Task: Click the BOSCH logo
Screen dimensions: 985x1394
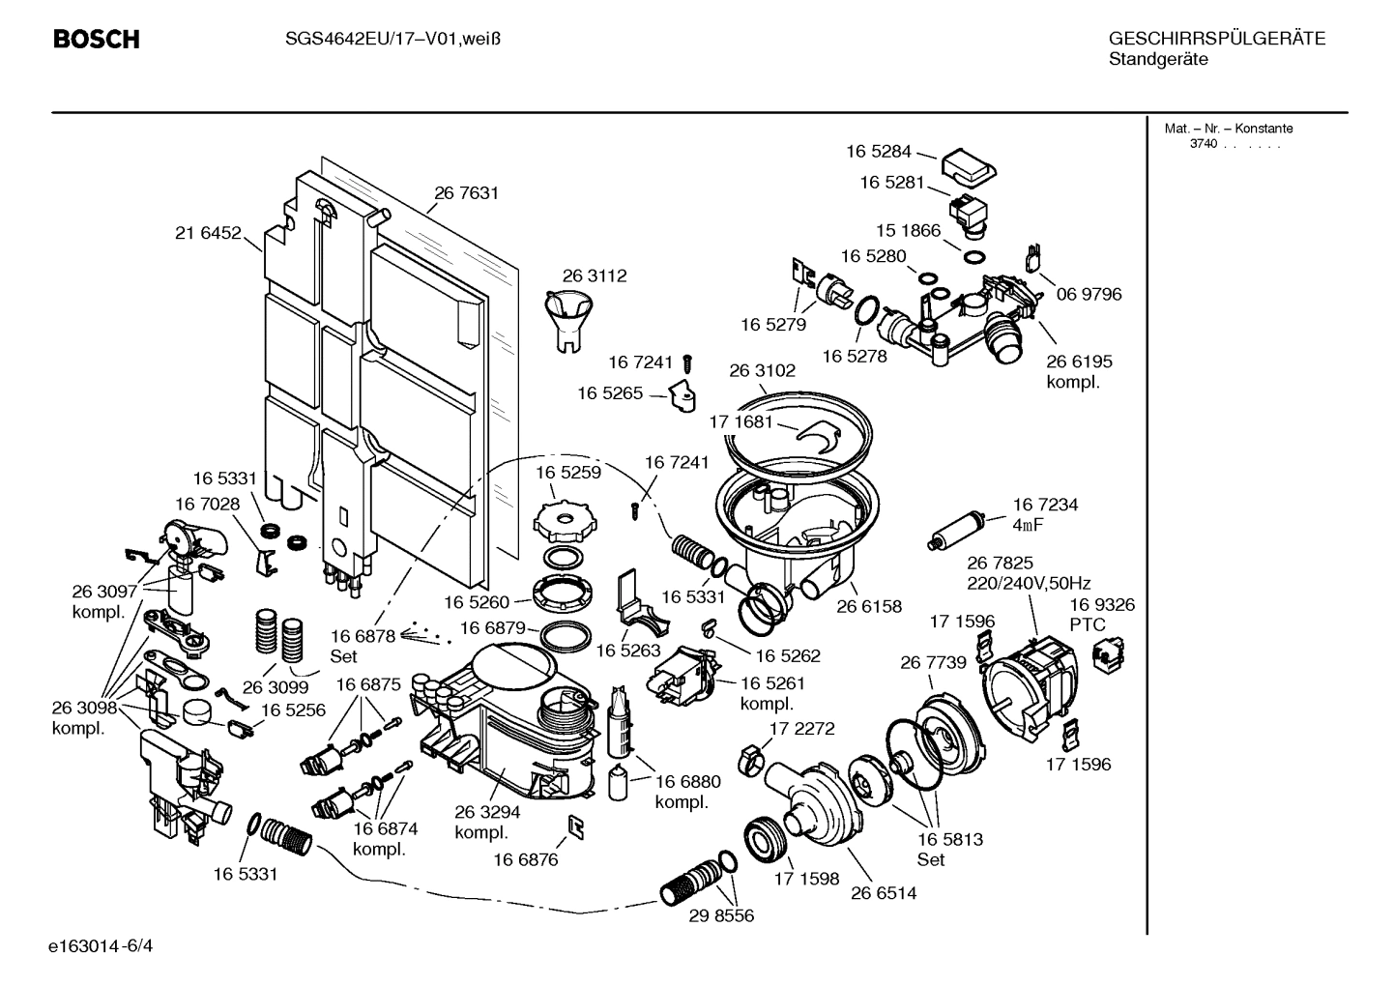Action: coord(97,40)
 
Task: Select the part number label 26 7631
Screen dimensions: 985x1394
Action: coord(466,193)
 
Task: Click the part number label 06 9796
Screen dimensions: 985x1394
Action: coord(1089,294)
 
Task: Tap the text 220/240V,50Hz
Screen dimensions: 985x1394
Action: coord(1029,583)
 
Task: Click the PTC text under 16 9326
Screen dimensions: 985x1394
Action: coord(1089,625)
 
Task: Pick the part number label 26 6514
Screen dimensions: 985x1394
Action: coord(884,893)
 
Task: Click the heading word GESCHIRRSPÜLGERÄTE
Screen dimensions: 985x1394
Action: coord(1217,39)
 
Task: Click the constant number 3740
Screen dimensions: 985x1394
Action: coord(1204,144)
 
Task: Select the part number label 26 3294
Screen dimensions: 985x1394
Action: coord(487,812)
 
